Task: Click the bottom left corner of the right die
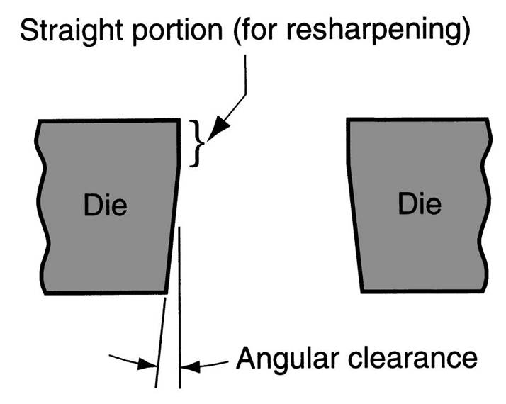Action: pos(362,291)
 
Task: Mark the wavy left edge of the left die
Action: pos(44,206)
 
